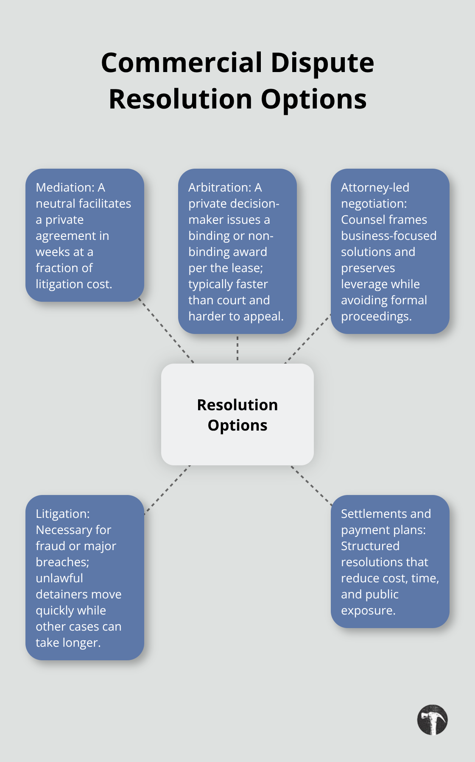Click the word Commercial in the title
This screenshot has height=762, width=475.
tap(182, 63)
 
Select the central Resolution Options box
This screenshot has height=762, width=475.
tap(237, 414)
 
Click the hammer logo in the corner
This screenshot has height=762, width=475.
tap(432, 720)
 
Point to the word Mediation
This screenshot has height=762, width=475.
tap(64, 187)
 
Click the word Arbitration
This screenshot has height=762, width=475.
tap(220, 187)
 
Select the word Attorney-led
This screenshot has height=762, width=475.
tap(375, 187)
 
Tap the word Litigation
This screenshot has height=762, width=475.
tap(62, 514)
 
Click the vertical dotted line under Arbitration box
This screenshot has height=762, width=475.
tap(237, 348)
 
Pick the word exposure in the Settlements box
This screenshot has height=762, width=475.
tap(368, 610)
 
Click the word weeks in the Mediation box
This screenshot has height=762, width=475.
tap(53, 252)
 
